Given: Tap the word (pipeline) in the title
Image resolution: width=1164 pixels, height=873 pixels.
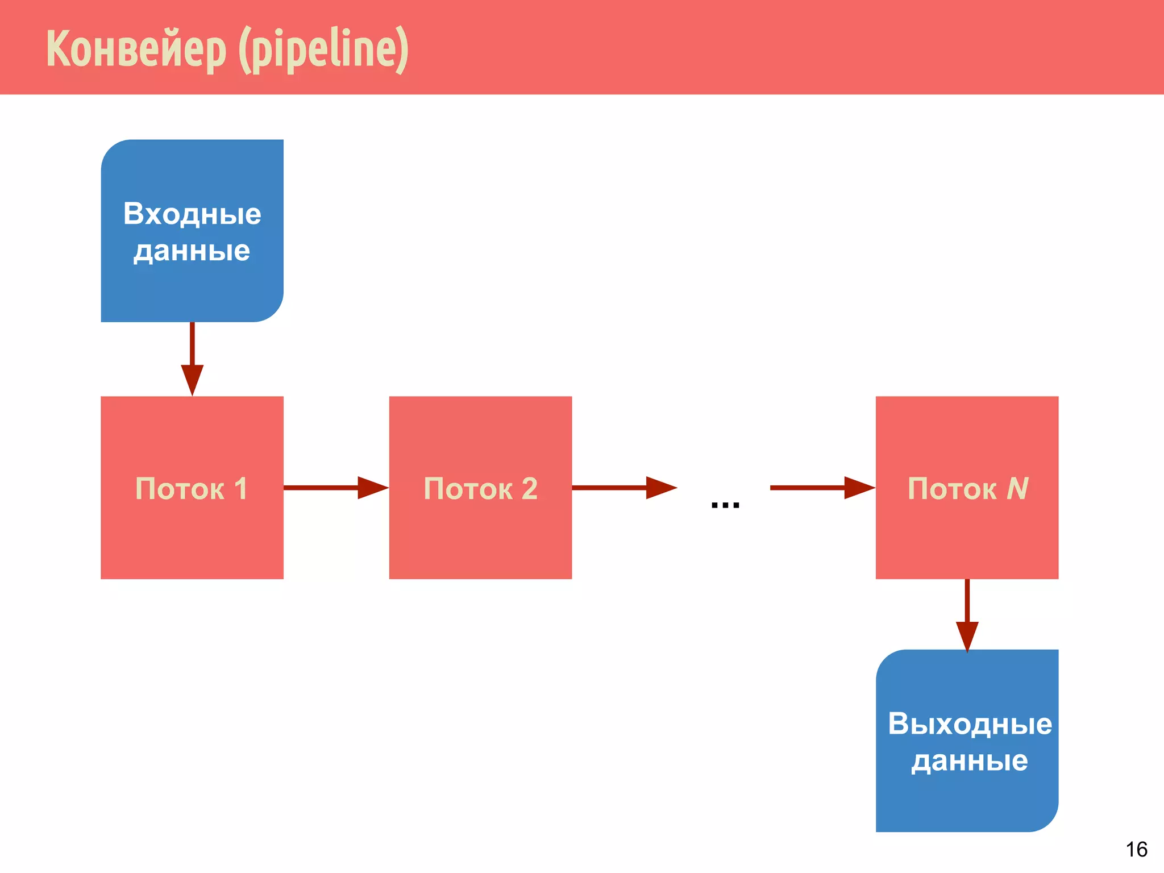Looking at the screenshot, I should coord(323,49).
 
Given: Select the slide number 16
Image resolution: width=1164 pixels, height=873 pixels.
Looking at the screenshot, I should coord(1136,849).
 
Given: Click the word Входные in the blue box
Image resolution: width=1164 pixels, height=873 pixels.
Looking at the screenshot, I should coord(192,214).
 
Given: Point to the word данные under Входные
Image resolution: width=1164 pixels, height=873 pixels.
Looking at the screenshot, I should coord(192,251).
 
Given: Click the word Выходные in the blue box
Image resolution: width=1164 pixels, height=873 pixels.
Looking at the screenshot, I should coord(970,724).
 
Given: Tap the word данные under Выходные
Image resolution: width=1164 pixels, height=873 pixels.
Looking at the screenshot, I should coord(970,760).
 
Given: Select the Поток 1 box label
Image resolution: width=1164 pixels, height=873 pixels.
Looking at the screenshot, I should coord(192,488).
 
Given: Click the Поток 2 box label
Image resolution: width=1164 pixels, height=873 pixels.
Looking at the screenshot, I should coord(480,488).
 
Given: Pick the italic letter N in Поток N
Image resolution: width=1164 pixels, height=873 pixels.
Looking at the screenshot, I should coord(1017,488).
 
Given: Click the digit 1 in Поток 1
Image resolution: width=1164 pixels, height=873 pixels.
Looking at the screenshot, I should coord(240,488).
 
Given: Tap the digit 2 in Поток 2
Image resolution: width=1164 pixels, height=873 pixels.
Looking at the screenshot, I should coord(529,488).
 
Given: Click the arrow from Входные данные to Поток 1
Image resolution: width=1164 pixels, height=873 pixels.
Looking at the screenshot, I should coord(192,358).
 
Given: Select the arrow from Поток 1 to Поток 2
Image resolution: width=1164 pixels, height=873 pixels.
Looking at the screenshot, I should coord(335,488).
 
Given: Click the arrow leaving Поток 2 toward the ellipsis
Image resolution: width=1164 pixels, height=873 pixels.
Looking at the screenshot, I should coord(624,488).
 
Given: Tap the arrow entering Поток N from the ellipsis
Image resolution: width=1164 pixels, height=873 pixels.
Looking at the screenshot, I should coord(822,488).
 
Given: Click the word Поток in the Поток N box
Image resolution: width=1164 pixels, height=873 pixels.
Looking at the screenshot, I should coord(952,488).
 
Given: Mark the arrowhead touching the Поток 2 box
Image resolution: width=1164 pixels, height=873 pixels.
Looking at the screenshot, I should coord(373,488).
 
